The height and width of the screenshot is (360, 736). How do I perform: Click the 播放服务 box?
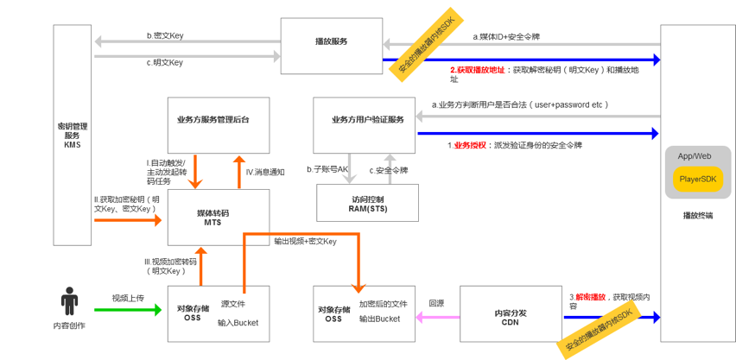coord(331,41)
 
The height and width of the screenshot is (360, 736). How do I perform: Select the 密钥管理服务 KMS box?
coord(72,135)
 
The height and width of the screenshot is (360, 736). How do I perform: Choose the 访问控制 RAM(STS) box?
coord(367,203)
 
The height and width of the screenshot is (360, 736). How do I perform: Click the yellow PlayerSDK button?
coord(698,179)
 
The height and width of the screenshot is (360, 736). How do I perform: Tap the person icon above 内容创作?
coord(69,301)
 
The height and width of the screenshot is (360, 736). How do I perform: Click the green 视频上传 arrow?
coord(128,309)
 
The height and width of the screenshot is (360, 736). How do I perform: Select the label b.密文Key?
coord(165,35)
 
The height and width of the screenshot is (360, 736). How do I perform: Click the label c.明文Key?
coord(165,62)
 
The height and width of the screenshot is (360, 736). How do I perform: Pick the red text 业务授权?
coord(472,145)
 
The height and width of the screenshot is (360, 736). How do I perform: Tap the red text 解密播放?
coord(591,297)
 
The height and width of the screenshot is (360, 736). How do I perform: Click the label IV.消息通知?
coord(265,172)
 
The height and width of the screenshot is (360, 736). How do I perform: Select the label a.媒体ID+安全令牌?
coord(506,37)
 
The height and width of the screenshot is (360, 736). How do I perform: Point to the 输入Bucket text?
coord(238,322)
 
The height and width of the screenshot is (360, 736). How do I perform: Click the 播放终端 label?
coord(697,216)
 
